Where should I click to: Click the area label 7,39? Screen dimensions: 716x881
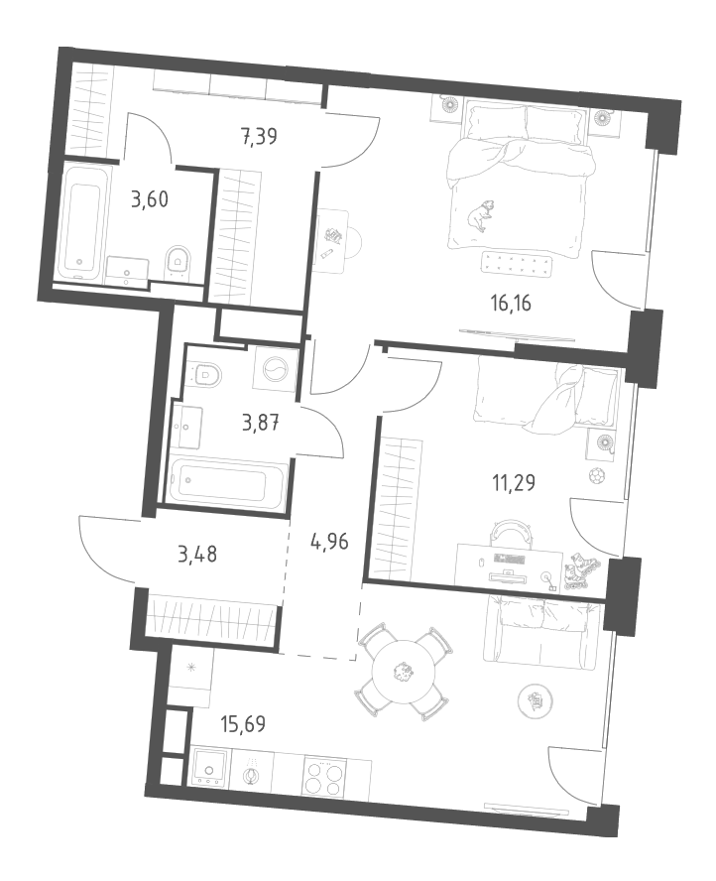[260, 137]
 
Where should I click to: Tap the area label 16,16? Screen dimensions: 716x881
[511, 304]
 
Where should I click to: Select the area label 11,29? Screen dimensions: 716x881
[514, 482]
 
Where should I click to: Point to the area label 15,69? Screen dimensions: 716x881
[243, 724]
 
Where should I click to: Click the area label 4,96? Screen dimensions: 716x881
[329, 543]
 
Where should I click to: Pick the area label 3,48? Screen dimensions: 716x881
[197, 555]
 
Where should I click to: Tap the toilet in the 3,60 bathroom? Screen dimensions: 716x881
[179, 261]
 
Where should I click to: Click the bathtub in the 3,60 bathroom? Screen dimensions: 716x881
[82, 222]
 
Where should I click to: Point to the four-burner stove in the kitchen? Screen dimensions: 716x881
[324, 776]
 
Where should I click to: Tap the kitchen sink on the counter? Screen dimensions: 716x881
[210, 768]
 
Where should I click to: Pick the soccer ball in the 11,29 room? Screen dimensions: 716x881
[596, 476]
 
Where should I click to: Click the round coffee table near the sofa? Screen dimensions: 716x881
[537, 699]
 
